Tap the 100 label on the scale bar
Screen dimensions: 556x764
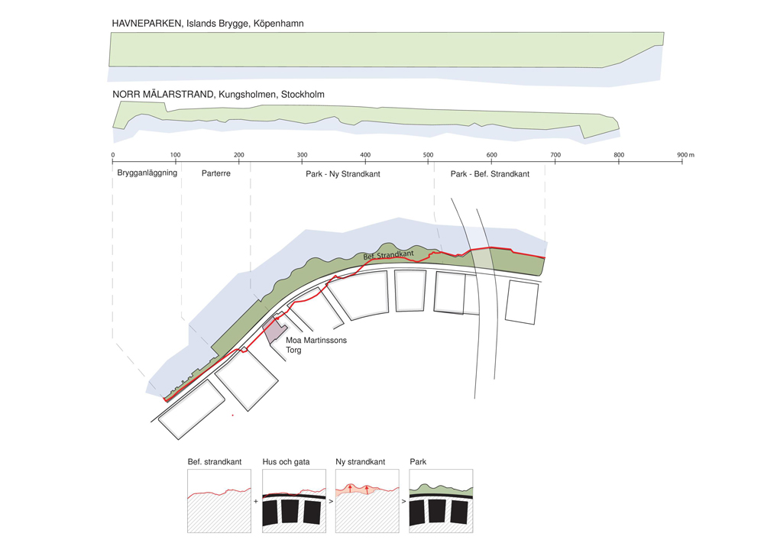176,155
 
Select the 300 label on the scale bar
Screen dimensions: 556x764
302,155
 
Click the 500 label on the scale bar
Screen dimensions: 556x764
429,155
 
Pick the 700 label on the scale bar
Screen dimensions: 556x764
555,155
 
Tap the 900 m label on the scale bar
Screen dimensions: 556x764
685,155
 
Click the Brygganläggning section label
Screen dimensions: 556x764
147,173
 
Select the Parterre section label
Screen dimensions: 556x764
216,174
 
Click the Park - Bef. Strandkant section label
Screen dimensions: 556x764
490,174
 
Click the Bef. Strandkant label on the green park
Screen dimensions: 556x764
388,255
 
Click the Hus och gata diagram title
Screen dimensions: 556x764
286,462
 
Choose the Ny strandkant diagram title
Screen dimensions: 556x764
361,462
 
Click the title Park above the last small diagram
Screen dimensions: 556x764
418,462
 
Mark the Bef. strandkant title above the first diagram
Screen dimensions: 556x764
215,462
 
